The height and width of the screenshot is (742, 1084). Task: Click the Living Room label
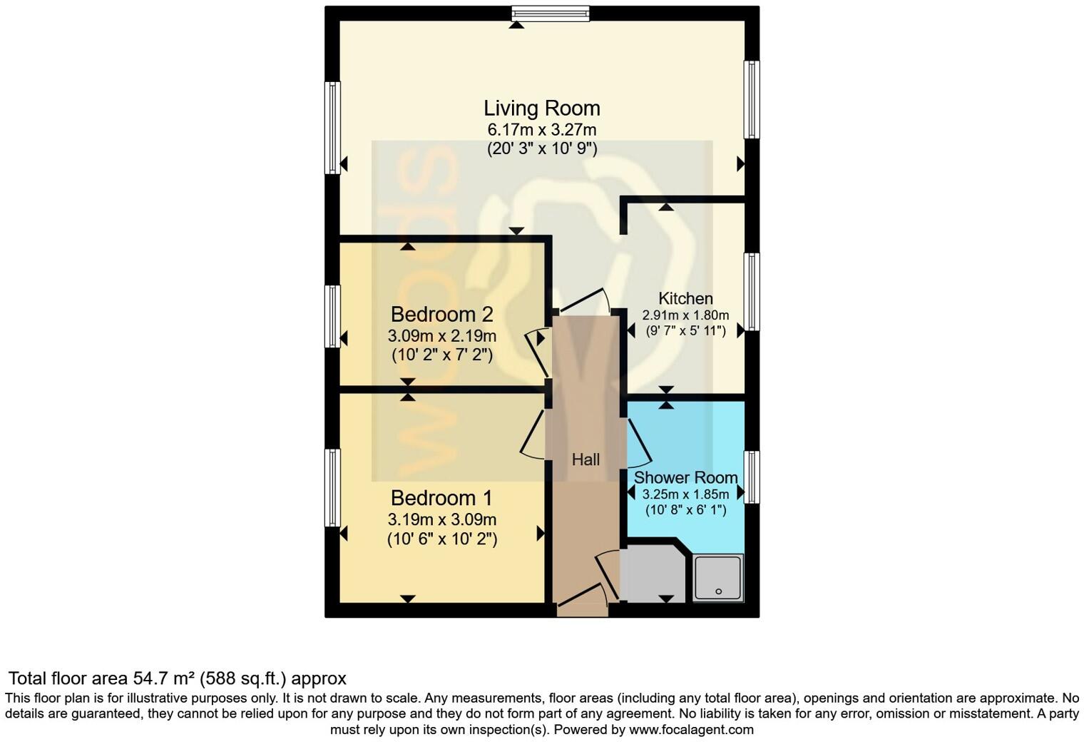542,108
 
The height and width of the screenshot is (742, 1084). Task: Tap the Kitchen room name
685,299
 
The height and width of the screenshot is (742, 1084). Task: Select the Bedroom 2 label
442,314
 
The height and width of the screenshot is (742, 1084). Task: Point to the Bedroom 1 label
442,498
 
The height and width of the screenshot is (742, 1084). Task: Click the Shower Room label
685,477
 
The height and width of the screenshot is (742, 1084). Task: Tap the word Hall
586,460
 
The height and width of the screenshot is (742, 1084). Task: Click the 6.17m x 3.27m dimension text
542,130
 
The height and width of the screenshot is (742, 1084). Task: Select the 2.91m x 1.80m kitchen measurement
685,315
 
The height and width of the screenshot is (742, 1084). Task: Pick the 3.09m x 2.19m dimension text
442,335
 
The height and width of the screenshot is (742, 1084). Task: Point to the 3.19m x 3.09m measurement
442,519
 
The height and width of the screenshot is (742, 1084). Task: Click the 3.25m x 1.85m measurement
685,494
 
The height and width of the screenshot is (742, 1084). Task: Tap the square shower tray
718,577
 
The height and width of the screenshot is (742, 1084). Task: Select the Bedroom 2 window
332,316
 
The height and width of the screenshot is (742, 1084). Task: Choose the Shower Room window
752,477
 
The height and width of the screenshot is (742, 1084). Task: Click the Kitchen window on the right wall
752,291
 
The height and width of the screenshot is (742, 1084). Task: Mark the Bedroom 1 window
332,487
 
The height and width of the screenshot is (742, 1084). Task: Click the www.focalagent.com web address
690,730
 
